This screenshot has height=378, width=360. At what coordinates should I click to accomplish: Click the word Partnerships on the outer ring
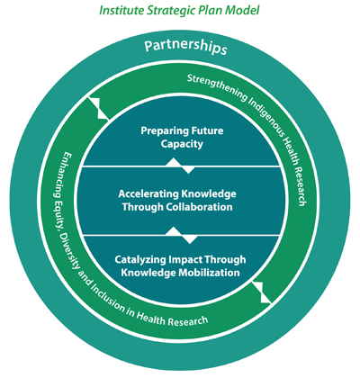tap(185, 48)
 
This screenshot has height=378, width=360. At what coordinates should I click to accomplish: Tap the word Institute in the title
tap(121, 10)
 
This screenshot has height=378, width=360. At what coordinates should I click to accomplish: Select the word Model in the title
tap(242, 10)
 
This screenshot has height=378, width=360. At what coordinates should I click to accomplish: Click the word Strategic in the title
tap(170, 11)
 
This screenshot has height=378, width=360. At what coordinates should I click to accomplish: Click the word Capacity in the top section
tap(182, 144)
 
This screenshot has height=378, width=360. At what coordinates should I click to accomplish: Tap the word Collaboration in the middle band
tap(199, 207)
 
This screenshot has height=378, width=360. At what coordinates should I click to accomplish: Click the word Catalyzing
tap(140, 260)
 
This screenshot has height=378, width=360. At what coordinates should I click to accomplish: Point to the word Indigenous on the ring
tap(266, 119)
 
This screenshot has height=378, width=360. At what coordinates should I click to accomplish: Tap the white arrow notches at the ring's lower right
tap(262, 292)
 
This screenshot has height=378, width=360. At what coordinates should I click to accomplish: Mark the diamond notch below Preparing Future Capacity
tap(180, 166)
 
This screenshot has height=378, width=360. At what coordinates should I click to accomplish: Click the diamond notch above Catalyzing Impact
tap(182, 235)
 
